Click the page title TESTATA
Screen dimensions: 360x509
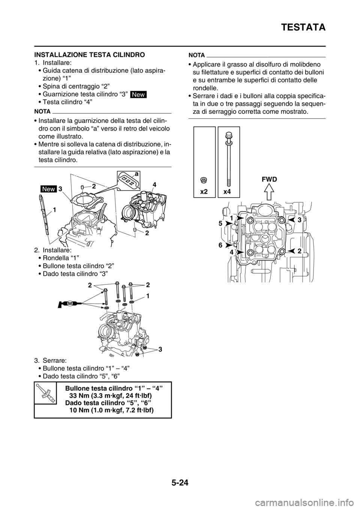tap(303, 28)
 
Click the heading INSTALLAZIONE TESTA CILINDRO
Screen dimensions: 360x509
tap(89, 55)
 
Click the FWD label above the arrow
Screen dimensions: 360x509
tap(269, 180)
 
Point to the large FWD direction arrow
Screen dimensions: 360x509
tap(269, 192)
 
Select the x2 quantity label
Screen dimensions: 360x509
tap(204, 192)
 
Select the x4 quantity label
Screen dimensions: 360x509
tap(227, 192)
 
